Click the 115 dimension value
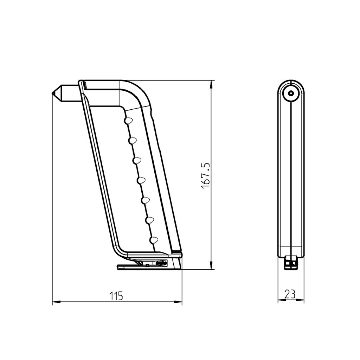pos(116,296)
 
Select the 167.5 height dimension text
pos(206,175)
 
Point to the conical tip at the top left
pos(56,93)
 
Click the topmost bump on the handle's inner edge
pos(128,121)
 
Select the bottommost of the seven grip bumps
pos(153,240)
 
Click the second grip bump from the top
pos(133,141)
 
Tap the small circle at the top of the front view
pos(291,94)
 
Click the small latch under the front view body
pos(291,263)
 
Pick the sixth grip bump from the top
pos(150,220)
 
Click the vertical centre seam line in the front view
pos(291,176)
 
